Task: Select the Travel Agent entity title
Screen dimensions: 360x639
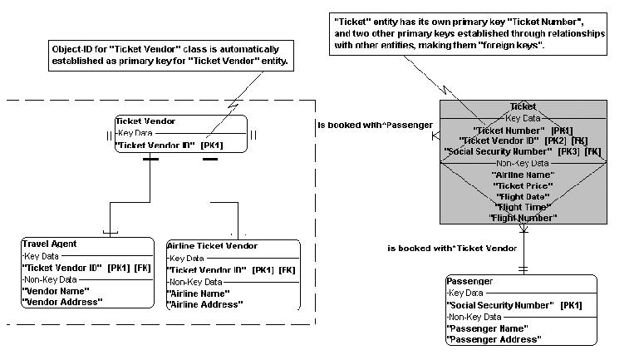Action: [49, 244]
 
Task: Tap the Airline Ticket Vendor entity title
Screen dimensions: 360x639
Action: [212, 246]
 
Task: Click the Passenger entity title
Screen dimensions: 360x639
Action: [469, 281]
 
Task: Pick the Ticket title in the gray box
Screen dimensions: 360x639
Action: [523, 106]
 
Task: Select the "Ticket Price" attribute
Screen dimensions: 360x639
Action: [523, 185]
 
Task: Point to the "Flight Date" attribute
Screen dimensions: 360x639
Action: [522, 196]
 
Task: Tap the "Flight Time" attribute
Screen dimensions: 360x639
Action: [522, 207]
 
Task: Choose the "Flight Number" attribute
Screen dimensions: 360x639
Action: [522, 218]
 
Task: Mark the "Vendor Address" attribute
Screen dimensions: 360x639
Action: [62, 301]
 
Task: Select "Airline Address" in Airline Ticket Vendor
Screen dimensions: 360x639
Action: [205, 304]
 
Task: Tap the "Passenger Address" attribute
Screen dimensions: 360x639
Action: [494, 339]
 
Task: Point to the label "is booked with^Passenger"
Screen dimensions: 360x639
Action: [375, 126]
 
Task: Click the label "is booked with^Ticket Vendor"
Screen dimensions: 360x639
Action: [452, 248]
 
